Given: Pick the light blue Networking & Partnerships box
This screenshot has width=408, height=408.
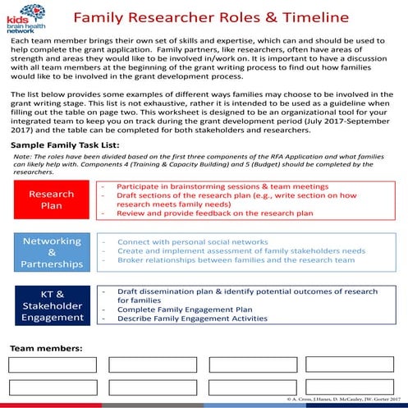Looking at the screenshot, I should coord(52,253).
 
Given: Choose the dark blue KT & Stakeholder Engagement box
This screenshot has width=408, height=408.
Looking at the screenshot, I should coord(52,304).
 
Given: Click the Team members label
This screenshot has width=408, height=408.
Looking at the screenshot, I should coord(46,348).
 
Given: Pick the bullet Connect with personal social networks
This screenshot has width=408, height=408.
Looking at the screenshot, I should coord(192,242).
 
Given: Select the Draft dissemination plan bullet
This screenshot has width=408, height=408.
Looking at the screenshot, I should coord(236,291).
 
